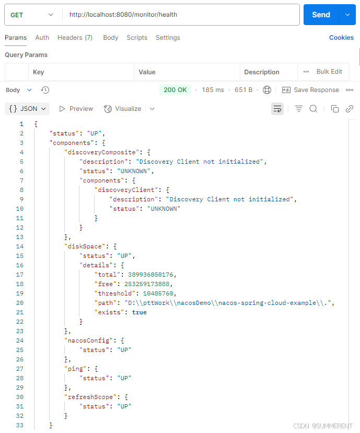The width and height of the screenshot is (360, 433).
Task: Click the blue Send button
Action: [x=321, y=15]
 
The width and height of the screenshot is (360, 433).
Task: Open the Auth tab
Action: [x=42, y=38]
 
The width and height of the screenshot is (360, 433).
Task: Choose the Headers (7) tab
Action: [x=75, y=38]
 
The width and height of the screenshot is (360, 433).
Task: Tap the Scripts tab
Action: [x=137, y=38]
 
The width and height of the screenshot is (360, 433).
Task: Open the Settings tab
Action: [x=168, y=38]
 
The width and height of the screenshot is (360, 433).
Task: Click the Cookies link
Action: [x=341, y=38]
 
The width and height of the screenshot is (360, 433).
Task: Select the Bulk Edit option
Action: [x=329, y=72]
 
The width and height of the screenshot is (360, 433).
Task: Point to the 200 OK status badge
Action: [x=175, y=90]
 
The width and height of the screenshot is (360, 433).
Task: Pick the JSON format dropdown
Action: [x=27, y=109]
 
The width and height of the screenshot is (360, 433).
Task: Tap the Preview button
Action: [x=76, y=109]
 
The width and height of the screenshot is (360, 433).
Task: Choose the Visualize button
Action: [x=123, y=109]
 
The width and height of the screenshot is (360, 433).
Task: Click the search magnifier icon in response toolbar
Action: [x=313, y=109]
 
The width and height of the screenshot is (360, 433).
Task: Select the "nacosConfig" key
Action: [x=87, y=340]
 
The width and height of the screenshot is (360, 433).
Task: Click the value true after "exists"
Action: [x=140, y=312]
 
